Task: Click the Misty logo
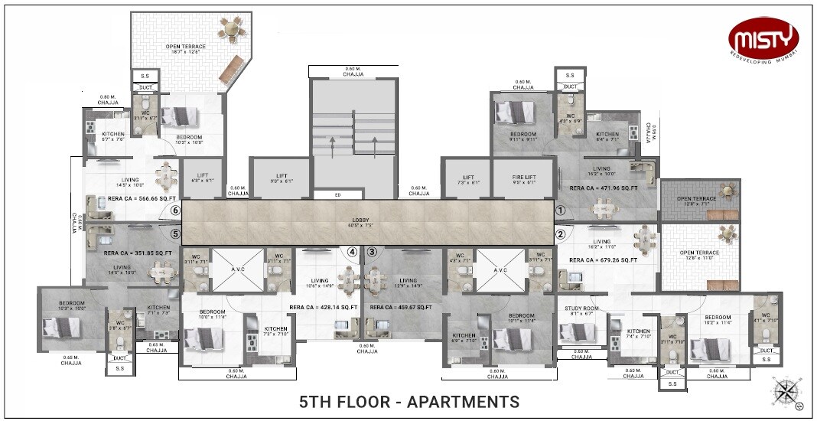763,37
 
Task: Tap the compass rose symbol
786,391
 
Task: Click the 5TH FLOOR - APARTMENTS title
408,402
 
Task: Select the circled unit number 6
175,210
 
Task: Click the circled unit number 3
372,251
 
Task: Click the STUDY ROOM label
580,309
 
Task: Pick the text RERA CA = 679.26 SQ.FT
604,260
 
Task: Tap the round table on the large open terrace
229,28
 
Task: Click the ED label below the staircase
337,195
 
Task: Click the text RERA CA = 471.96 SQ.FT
603,188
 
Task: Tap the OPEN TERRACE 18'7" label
183,48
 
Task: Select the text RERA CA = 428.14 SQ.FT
324,308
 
